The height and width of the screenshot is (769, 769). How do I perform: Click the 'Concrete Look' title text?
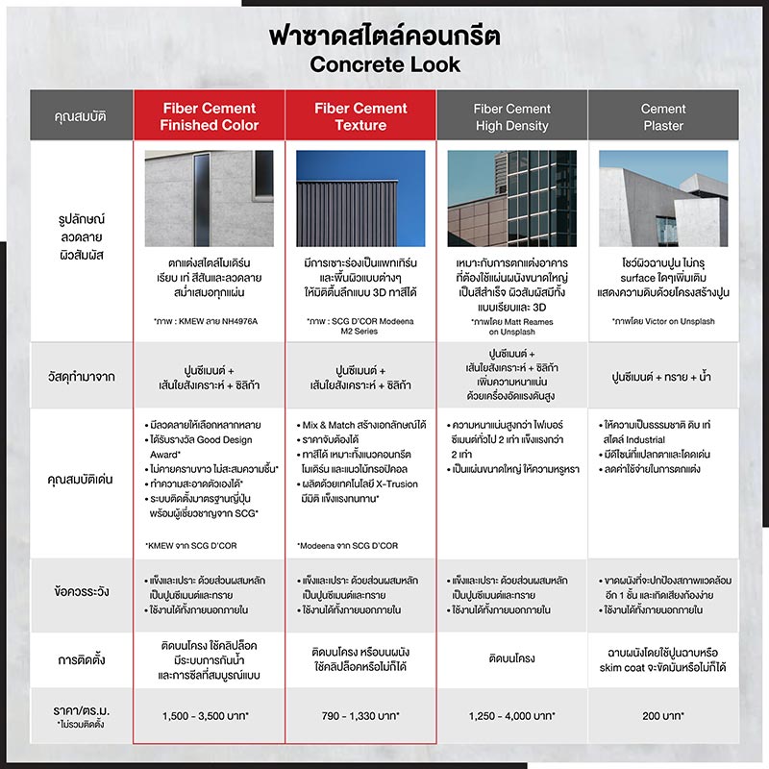384,65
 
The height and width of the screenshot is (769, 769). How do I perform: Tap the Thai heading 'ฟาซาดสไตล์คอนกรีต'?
384,35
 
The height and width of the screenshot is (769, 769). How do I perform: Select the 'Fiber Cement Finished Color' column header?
210,116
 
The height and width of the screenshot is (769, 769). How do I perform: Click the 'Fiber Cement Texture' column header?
361,116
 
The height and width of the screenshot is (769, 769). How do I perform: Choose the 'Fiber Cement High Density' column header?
512,116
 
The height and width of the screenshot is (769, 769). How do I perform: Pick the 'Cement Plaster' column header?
663,116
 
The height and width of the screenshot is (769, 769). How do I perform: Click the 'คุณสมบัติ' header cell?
81,116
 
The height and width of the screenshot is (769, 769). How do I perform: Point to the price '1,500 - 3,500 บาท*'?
210,716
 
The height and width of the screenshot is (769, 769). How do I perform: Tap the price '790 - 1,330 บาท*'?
361,716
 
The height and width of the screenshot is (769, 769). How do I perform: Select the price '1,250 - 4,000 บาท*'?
512,716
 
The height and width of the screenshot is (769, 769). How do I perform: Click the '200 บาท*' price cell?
663,716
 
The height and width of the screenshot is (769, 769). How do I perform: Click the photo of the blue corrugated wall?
361,197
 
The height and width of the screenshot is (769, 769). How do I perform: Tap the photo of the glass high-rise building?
512,197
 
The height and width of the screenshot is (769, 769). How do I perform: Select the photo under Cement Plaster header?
663,197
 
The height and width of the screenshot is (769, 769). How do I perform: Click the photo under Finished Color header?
210,197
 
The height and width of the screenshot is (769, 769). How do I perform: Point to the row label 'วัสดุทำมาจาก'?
81,377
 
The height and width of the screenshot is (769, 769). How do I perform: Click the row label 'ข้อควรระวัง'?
81,591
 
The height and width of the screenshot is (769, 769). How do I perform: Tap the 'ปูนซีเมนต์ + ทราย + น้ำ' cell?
663,377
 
